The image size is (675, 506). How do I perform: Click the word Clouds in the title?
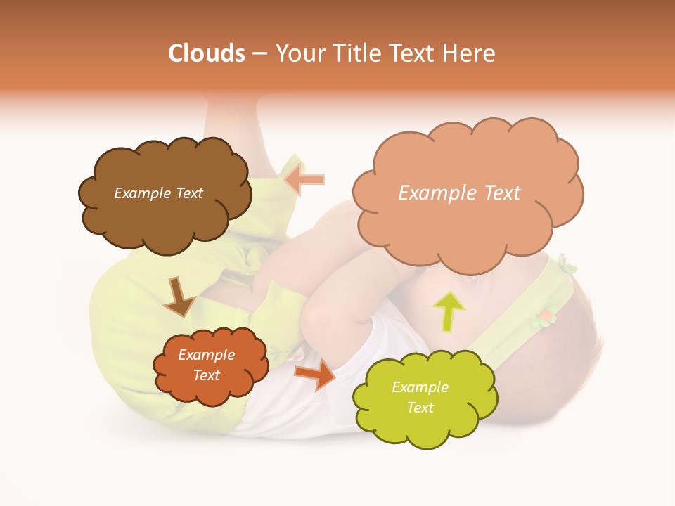pyautogui.click(x=207, y=53)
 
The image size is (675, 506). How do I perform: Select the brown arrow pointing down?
pyautogui.click(x=179, y=297)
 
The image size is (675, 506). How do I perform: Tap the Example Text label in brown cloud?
pyautogui.click(x=158, y=193)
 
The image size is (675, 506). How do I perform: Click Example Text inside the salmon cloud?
pyautogui.click(x=459, y=193)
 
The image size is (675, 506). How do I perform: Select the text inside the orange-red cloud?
pyautogui.click(x=207, y=365)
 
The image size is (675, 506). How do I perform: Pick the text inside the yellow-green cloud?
pyautogui.click(x=420, y=397)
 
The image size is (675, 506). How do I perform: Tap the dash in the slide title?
pyautogui.click(x=259, y=53)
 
